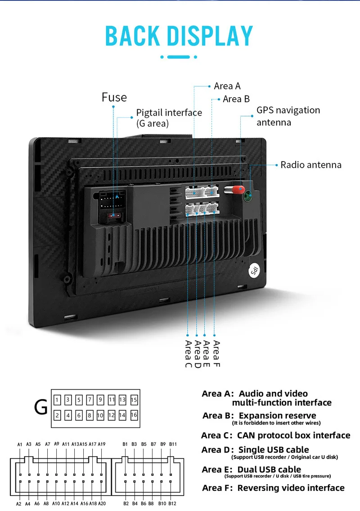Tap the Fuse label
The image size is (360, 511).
click(x=114, y=97)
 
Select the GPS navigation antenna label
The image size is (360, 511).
click(x=288, y=116)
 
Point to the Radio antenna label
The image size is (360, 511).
click(x=311, y=165)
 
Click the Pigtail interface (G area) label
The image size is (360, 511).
click(x=169, y=118)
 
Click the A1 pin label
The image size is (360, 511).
click(x=20, y=445)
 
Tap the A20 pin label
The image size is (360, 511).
click(x=102, y=504)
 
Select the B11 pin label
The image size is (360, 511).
click(x=173, y=445)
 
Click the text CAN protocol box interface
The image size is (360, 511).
click(x=293, y=435)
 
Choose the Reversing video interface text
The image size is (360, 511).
click(x=291, y=488)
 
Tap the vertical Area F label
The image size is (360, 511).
click(x=216, y=353)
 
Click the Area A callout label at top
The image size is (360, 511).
click(x=227, y=86)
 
